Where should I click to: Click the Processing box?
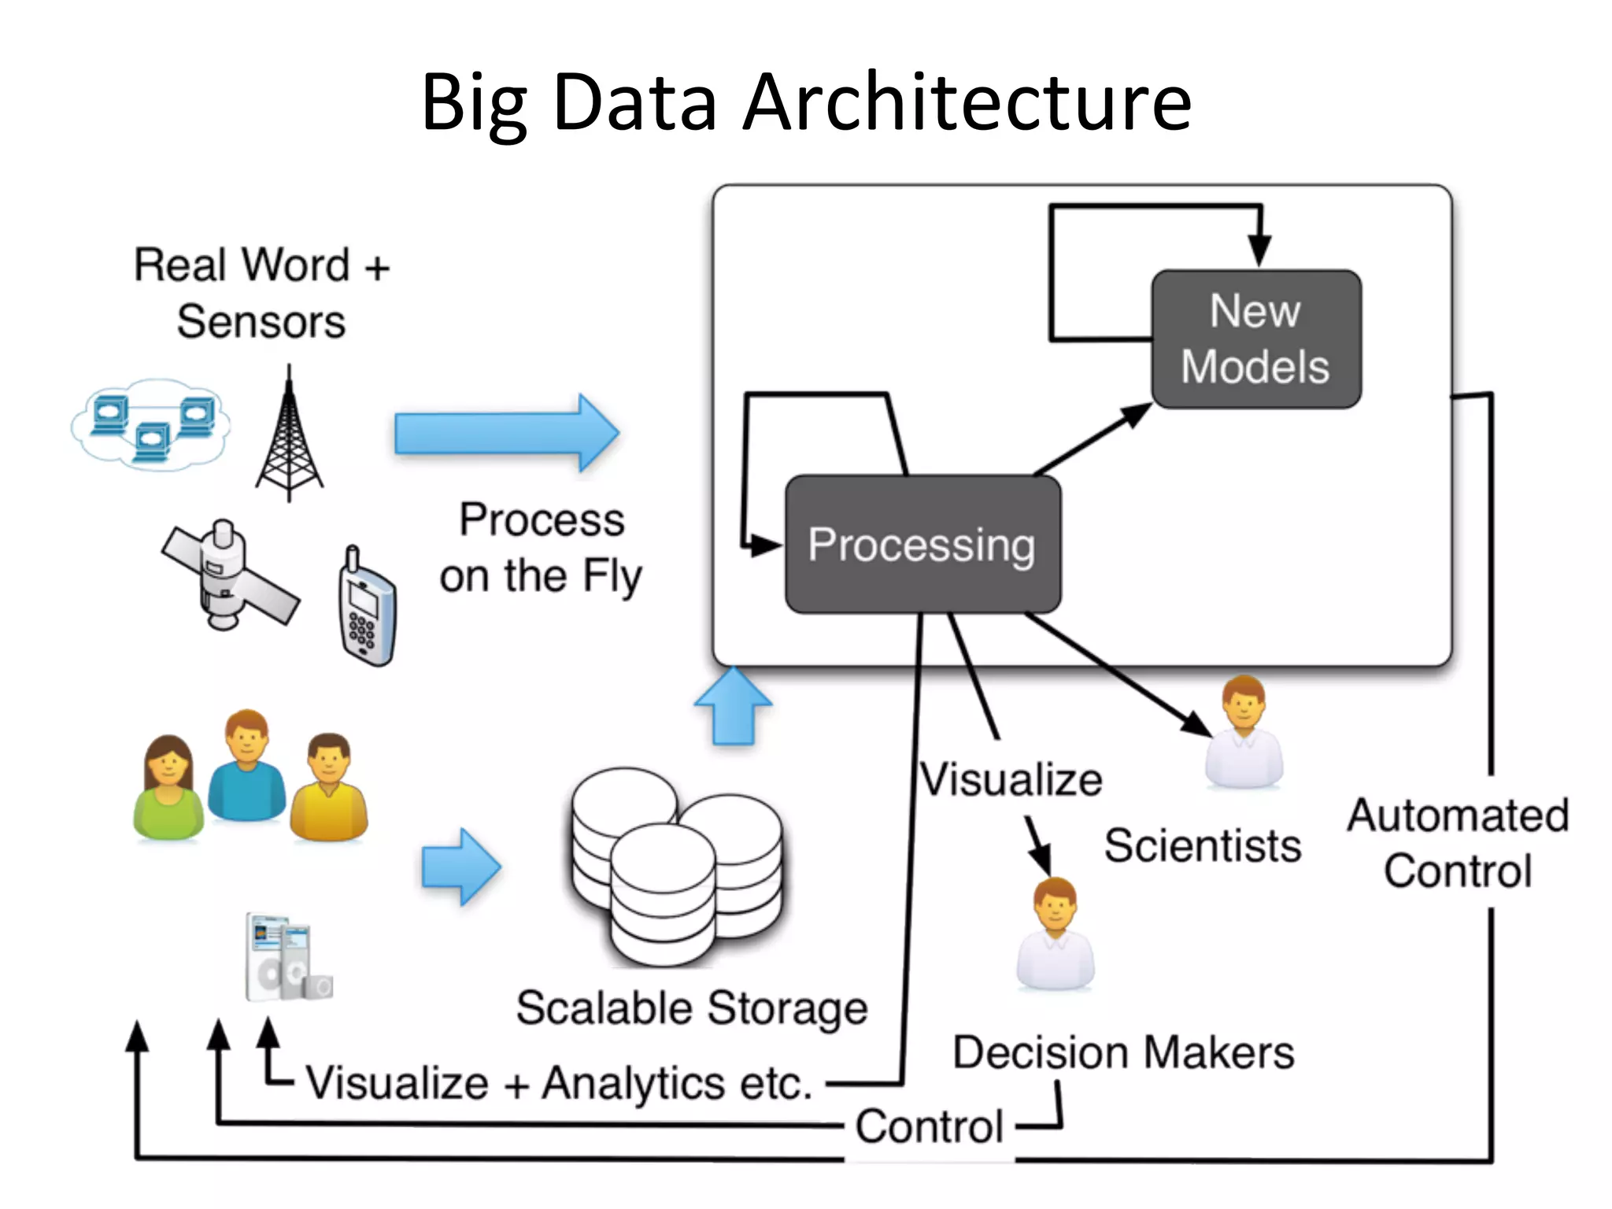(x=922, y=545)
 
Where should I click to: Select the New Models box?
(x=1255, y=339)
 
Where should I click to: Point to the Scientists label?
(x=1202, y=846)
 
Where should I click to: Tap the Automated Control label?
(x=1458, y=843)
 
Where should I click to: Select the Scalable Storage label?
(x=691, y=1008)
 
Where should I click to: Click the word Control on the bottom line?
(x=929, y=1126)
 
